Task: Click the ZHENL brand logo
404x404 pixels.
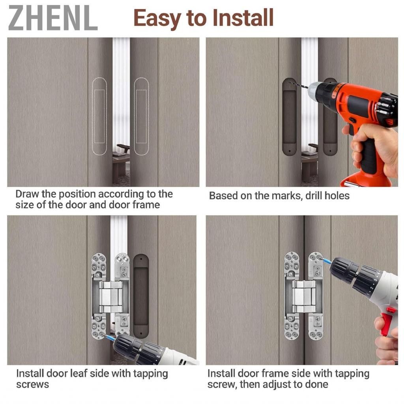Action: pos(53,18)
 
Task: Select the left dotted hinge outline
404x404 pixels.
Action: pos(99,116)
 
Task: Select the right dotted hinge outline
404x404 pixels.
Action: pos(141,116)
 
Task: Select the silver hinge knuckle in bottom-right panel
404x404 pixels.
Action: pos(303,297)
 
